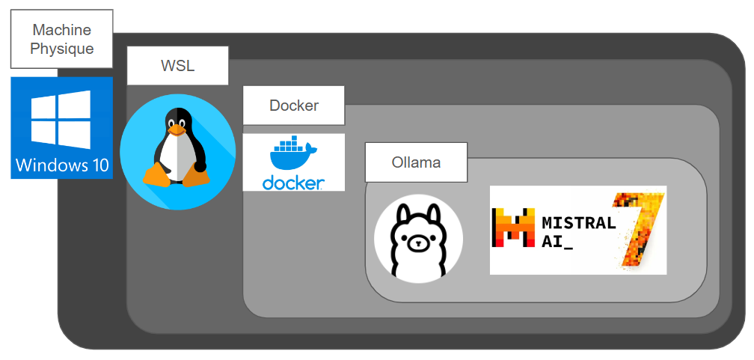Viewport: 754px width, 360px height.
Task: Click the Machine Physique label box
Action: click(x=62, y=39)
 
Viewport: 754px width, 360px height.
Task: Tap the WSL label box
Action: click(x=177, y=65)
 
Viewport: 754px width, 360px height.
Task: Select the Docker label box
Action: click(x=293, y=105)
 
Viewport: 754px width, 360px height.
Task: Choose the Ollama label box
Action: click(x=416, y=162)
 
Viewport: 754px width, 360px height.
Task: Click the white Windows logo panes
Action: click(x=61, y=118)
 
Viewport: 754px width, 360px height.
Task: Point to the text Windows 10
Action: click(x=61, y=165)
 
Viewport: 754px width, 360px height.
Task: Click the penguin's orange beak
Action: click(x=177, y=129)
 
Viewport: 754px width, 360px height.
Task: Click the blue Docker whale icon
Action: click(x=292, y=156)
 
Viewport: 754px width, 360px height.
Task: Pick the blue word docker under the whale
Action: click(x=292, y=182)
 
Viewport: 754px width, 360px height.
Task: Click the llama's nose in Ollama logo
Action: click(x=418, y=244)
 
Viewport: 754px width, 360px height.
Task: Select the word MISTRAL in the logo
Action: click(x=578, y=222)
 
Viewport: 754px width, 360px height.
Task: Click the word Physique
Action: click(x=62, y=49)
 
